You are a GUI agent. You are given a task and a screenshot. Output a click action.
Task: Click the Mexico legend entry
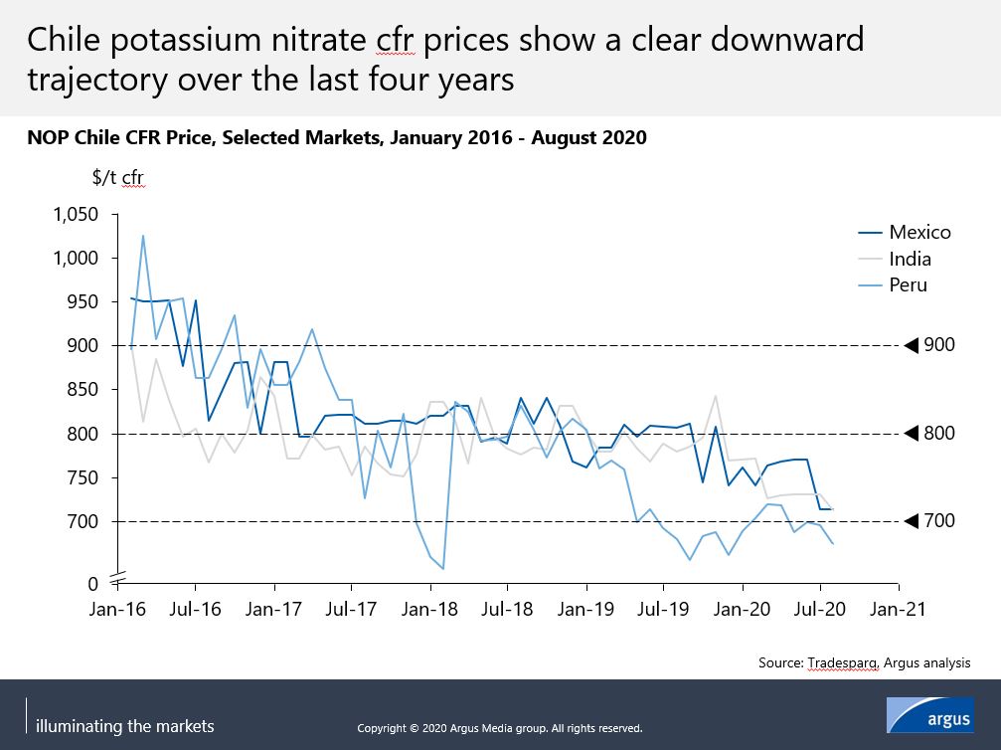919,232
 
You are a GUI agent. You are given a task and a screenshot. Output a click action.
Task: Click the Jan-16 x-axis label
118,608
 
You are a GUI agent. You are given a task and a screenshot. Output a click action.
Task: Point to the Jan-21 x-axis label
900,608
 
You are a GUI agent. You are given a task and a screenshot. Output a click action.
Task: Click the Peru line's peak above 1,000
143,236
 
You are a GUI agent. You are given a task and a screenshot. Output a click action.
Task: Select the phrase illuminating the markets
124,726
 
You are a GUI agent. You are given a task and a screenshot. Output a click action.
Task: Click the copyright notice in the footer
500,728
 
